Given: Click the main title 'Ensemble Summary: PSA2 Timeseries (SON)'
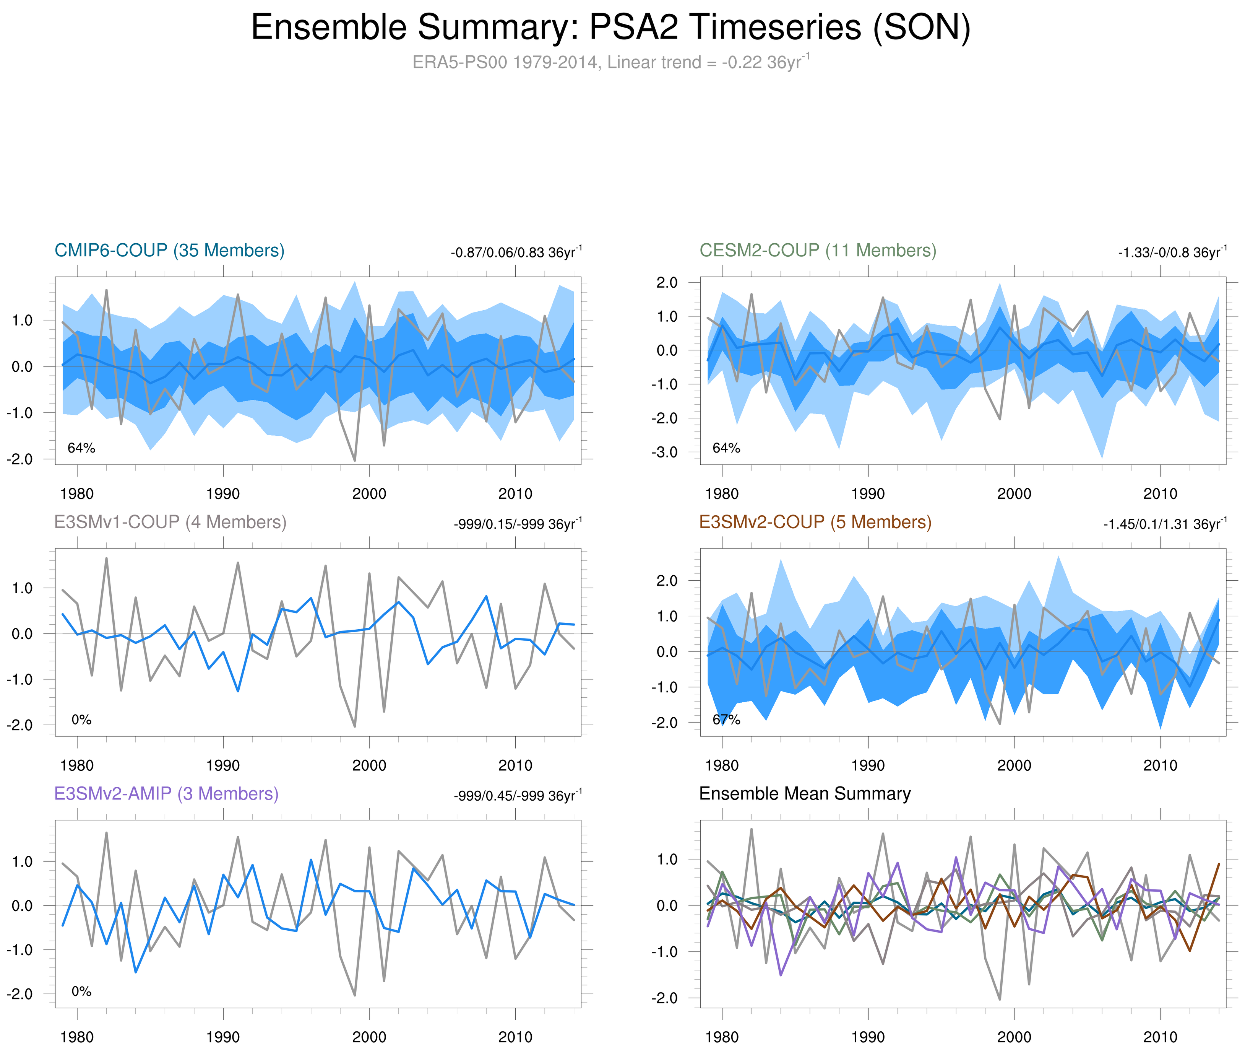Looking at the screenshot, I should [610, 28].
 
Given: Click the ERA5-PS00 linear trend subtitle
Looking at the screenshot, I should [610, 62].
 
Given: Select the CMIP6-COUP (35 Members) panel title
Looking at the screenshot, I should [169, 250].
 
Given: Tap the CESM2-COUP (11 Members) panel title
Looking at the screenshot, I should [818, 250].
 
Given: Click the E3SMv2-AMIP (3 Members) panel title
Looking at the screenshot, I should [166, 794].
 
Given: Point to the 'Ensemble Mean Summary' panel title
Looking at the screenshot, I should [805, 794].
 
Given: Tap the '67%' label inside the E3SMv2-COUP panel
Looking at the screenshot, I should [726, 720].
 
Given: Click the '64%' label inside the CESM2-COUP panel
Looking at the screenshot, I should [726, 448].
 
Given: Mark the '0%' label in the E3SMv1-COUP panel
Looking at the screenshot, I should [81, 720].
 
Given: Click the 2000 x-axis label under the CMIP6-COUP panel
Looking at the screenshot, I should [369, 494].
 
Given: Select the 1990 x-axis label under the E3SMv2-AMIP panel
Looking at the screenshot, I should [223, 1037].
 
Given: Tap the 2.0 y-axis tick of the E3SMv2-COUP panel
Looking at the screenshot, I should [667, 581].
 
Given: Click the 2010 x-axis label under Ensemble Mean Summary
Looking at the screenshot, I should [1160, 1037].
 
